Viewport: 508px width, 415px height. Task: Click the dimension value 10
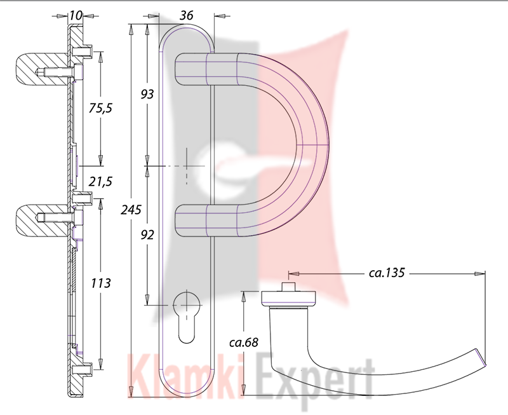tap(76, 15)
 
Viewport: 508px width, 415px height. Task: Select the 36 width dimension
tap(186, 15)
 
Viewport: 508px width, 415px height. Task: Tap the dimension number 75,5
tap(100, 108)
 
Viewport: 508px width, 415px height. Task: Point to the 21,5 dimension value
tap(100, 182)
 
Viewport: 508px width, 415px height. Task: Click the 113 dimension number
tap(100, 283)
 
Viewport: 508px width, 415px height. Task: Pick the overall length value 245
tap(131, 210)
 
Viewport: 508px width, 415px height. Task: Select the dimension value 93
tap(147, 94)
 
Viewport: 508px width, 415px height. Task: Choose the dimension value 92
tap(147, 235)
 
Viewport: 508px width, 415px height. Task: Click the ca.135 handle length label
tap(387, 273)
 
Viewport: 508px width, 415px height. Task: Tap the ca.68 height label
tap(244, 342)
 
